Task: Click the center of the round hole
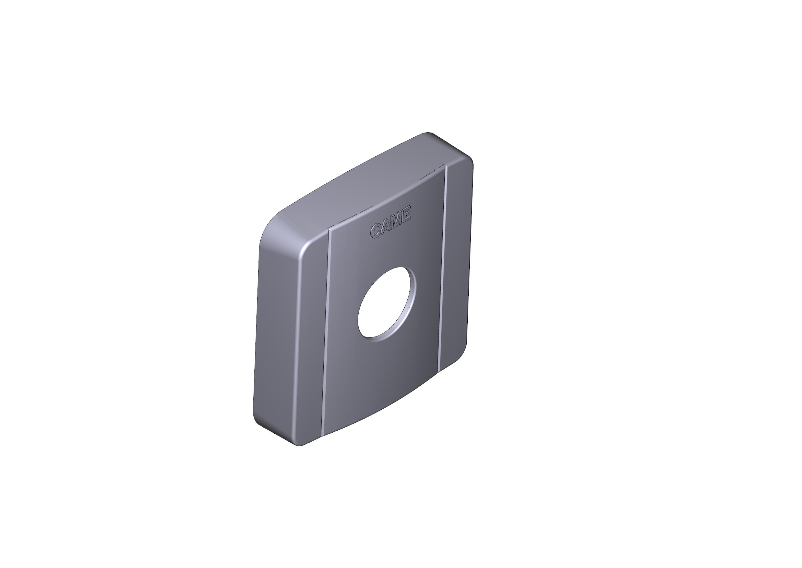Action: click(387, 302)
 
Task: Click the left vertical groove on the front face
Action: click(326, 332)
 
